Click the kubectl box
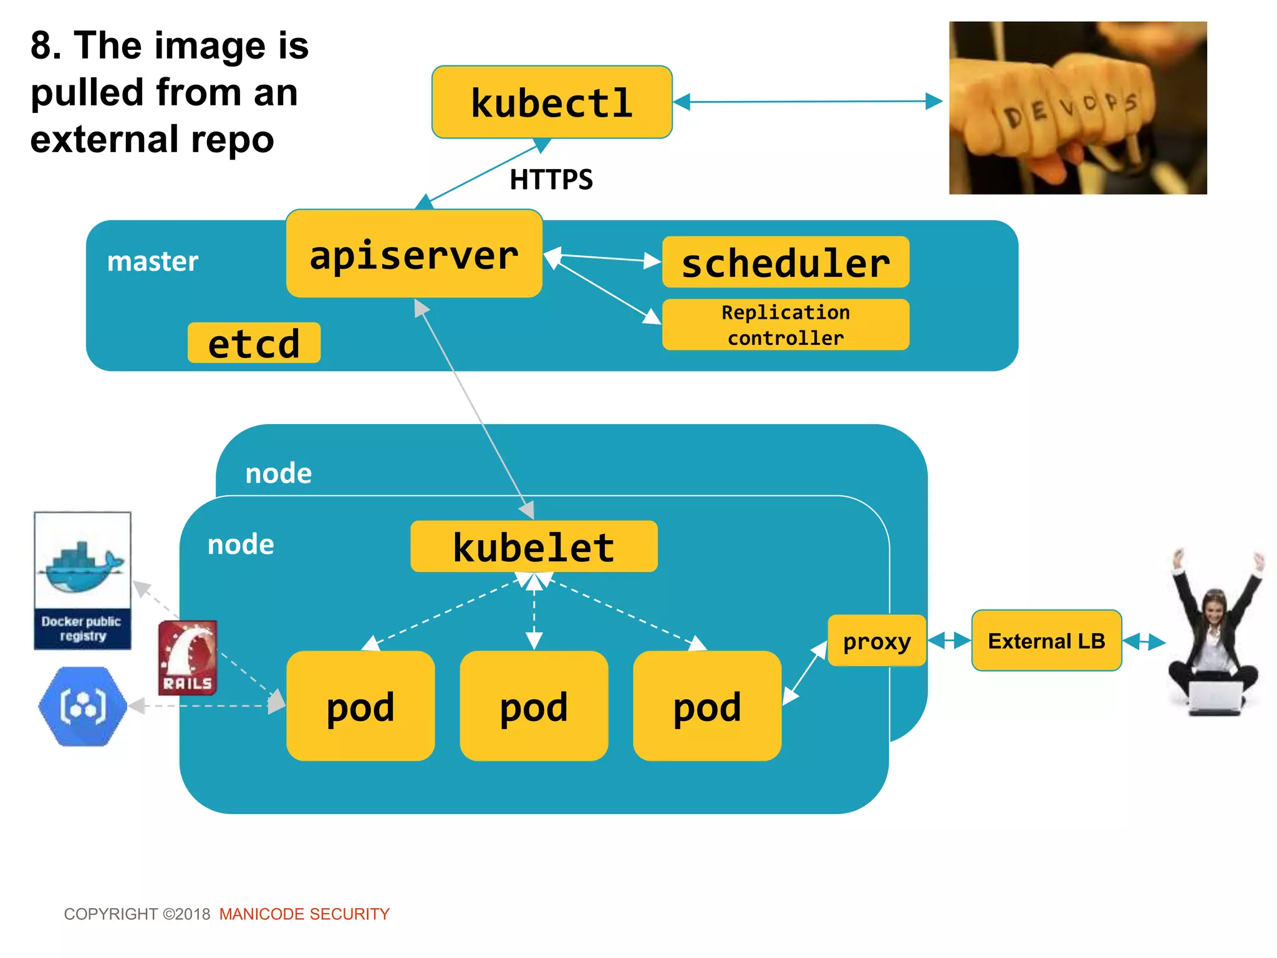[x=552, y=102]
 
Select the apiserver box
[x=414, y=254]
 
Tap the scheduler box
[x=786, y=262]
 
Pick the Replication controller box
[x=786, y=324]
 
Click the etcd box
[x=254, y=343]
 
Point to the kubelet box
[x=534, y=546]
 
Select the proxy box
[x=877, y=641]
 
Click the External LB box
[x=1046, y=641]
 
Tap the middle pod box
[x=534, y=705]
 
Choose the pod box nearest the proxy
[x=707, y=705]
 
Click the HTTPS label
[x=551, y=180]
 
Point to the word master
[x=153, y=261]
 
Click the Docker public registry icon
[x=82, y=581]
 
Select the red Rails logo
[x=188, y=657]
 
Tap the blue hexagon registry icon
[x=82, y=706]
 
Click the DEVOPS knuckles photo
[x=1077, y=108]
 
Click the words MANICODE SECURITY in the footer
[x=304, y=914]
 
